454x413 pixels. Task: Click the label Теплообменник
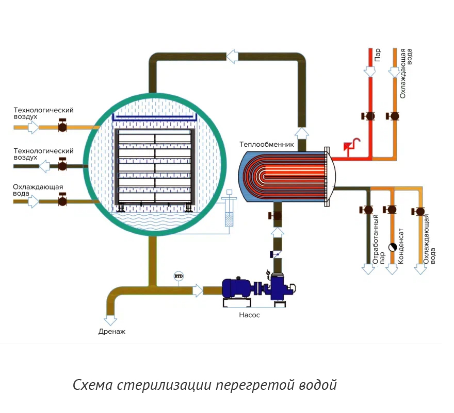pos(266,145)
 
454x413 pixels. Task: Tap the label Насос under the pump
pos(249,315)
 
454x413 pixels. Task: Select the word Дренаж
pos(112,332)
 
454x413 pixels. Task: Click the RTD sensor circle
pos(179,277)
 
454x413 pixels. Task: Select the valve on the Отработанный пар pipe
pos(368,210)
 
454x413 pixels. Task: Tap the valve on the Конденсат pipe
pos(392,210)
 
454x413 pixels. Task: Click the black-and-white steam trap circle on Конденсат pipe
pos(393,247)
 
